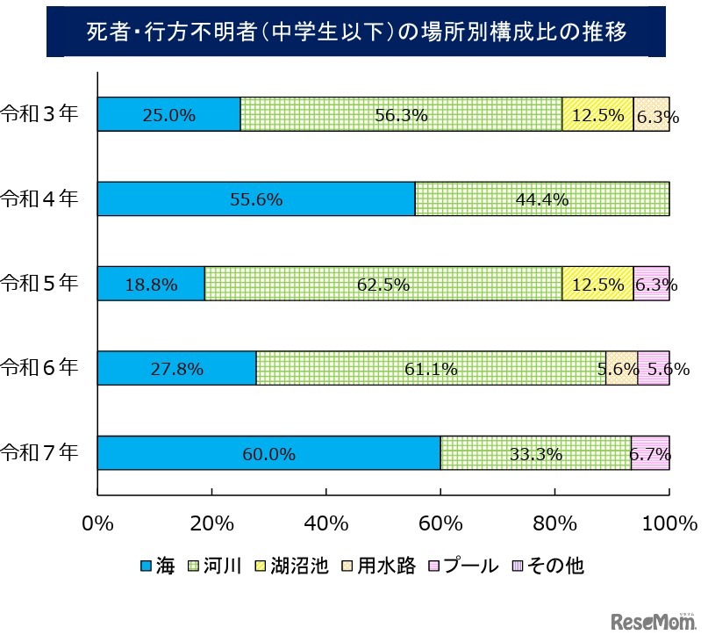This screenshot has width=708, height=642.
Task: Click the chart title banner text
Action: click(354, 33)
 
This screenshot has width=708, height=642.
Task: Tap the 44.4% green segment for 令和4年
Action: click(541, 199)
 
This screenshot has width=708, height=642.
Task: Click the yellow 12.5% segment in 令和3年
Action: click(597, 114)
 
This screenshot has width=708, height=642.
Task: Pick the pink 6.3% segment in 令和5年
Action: click(651, 284)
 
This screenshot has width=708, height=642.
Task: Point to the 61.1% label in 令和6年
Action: click(431, 369)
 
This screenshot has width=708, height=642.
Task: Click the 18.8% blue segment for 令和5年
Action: click(151, 284)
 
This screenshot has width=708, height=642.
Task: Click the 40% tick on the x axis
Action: click(326, 523)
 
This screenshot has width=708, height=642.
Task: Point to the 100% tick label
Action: click(669, 523)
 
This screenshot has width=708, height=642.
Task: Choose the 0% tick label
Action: click(97, 523)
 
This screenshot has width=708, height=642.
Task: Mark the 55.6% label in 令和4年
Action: click(255, 199)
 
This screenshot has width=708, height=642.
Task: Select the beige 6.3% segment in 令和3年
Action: click(651, 114)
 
